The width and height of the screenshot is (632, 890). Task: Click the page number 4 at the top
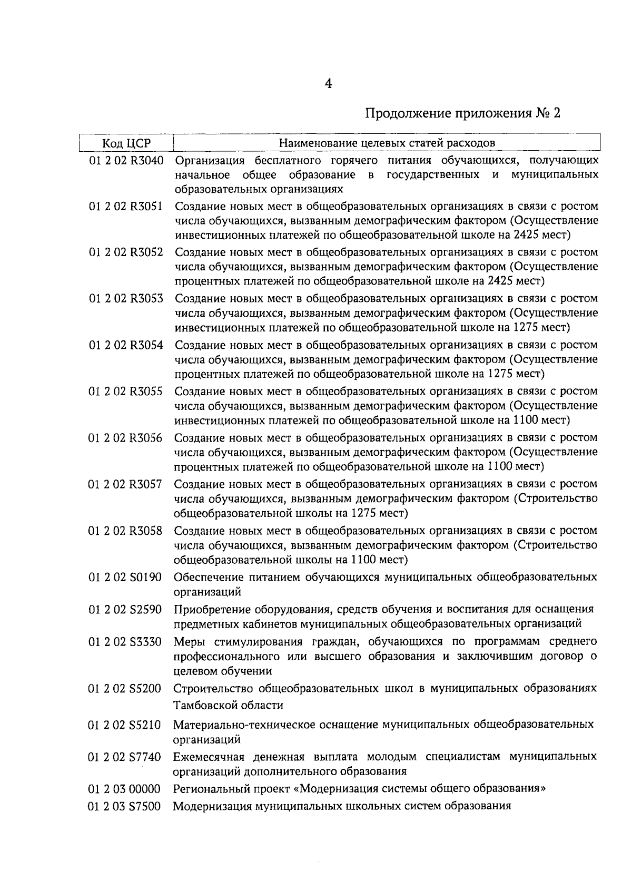tap(328, 84)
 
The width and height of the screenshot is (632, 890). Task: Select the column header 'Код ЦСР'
tap(126, 143)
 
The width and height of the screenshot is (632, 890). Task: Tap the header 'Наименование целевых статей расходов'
tap(387, 143)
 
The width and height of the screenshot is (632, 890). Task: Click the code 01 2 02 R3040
tap(126, 161)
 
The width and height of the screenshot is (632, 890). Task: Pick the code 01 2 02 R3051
tap(126, 207)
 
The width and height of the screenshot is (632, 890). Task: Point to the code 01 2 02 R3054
tap(126, 346)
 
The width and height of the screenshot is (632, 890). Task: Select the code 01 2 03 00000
tap(124, 789)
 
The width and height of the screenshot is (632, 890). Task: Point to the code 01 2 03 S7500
tap(124, 806)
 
